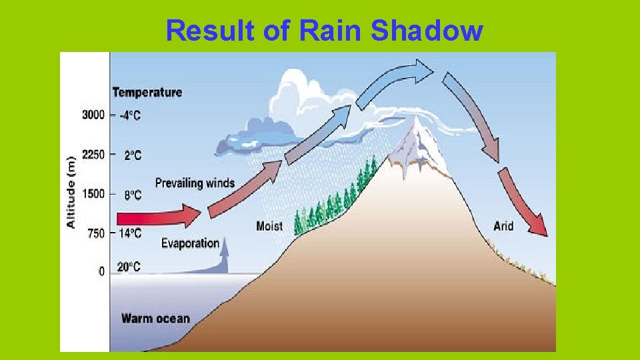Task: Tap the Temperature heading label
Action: coord(147,92)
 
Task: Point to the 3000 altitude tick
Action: coord(93,115)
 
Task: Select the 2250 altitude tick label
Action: coord(93,155)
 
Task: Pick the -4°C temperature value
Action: coord(130,115)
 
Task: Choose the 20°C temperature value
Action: coord(129,267)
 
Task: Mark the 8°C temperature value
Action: coord(132,195)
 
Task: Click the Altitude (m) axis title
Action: coord(70,191)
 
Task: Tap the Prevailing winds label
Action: coord(195,183)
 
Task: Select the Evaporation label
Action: coord(190,243)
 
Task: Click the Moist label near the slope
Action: coord(269,226)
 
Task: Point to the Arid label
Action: coord(503,226)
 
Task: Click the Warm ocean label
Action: coord(155,318)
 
